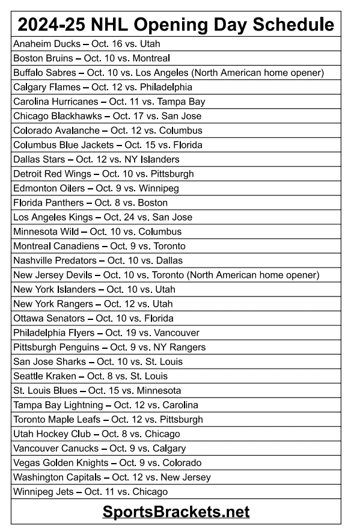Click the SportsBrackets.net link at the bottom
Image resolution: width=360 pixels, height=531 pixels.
pyautogui.click(x=175, y=512)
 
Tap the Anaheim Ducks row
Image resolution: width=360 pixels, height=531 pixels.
pyautogui.click(x=87, y=44)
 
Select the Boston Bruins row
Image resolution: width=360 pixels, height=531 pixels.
pyautogui.click(x=91, y=58)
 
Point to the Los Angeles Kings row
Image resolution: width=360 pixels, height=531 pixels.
pyautogui.click(x=103, y=217)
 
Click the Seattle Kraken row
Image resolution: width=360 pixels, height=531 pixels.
pyautogui.click(x=90, y=376)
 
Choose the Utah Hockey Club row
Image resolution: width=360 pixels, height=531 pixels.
pyautogui.click(x=96, y=434)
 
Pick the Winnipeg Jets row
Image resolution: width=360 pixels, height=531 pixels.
pyautogui.click(x=90, y=491)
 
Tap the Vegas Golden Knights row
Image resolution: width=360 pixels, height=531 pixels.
pyautogui.click(x=107, y=462)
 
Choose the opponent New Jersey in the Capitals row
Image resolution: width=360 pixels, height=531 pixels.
pyautogui.click(x=186, y=477)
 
